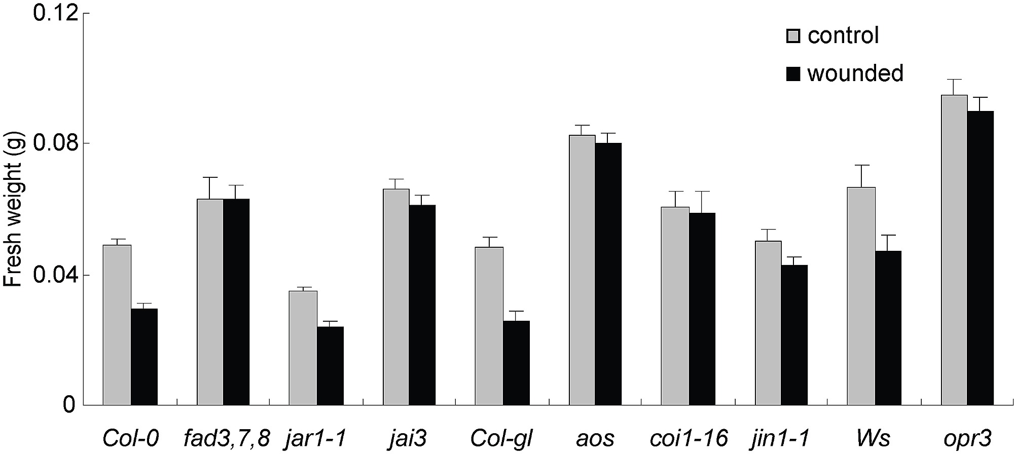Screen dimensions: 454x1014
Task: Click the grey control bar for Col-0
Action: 117,325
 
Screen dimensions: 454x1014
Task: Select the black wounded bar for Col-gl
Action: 516,363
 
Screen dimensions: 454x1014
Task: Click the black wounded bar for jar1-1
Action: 330,365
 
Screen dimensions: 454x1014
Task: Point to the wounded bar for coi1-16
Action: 702,309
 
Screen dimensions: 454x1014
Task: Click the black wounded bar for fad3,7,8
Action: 236,302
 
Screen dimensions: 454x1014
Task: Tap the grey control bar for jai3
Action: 396,297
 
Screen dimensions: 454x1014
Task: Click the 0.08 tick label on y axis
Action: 55,143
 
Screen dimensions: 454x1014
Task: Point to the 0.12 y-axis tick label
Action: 55,13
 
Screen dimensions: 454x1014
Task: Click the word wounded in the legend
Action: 855,73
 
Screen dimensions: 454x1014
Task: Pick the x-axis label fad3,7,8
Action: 227,437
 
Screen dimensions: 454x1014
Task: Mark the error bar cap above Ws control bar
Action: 861,165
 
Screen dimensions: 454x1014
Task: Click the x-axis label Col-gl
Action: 501,437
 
